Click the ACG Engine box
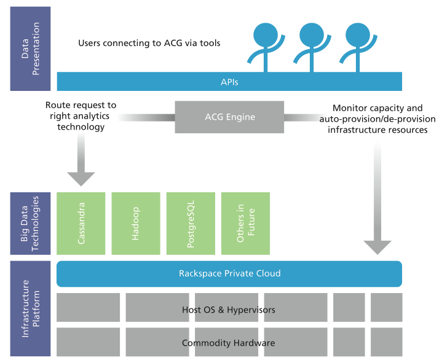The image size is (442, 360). (x=229, y=117)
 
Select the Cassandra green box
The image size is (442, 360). (x=81, y=224)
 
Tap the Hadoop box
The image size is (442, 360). (x=136, y=224)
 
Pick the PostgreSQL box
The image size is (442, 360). (x=191, y=224)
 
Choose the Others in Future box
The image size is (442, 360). (x=245, y=224)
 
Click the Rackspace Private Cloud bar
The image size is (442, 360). (x=229, y=274)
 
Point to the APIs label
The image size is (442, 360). (x=229, y=82)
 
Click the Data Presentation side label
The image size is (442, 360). (x=31, y=49)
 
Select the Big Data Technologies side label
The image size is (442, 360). (x=31, y=224)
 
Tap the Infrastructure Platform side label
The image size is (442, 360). (x=31, y=308)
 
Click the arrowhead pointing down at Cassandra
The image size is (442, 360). (x=81, y=179)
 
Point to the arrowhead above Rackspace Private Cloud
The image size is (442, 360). (x=377, y=248)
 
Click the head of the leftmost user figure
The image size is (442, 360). (x=266, y=34)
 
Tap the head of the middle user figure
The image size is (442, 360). (x=312, y=34)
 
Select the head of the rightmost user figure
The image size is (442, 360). (x=358, y=34)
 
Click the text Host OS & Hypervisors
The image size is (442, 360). (x=229, y=310)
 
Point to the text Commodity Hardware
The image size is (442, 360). (x=229, y=343)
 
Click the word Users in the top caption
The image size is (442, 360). (x=89, y=43)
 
